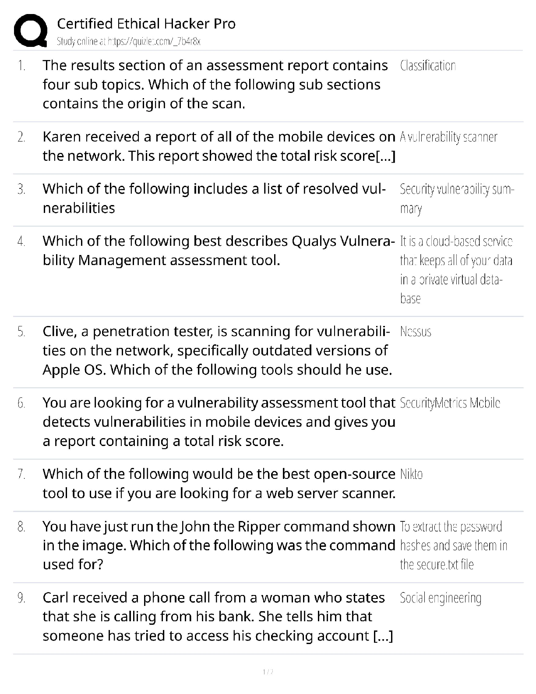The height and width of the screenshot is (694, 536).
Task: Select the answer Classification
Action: (x=428, y=66)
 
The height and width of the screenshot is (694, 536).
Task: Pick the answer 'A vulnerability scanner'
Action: (x=448, y=137)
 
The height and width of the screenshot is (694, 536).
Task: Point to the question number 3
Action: (x=21, y=189)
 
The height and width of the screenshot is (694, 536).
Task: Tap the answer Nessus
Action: (x=416, y=332)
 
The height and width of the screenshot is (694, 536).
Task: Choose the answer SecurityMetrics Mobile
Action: (x=450, y=403)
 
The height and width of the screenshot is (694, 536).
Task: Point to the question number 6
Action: (x=21, y=403)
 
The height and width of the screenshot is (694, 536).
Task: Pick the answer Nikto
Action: (x=411, y=474)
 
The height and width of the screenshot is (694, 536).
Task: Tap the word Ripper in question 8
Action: (x=259, y=526)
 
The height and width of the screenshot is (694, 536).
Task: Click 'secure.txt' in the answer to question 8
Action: (x=437, y=565)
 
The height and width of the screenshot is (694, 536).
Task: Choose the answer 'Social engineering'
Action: (x=441, y=598)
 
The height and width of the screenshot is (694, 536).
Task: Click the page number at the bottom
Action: (x=268, y=672)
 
